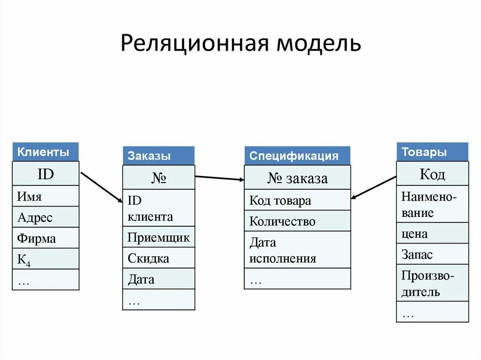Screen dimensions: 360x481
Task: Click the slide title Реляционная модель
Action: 240,43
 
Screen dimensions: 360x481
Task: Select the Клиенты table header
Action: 45,152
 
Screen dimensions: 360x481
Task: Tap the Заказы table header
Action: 158,156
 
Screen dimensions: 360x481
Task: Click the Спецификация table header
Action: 297,156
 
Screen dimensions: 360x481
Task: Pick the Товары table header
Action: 432,152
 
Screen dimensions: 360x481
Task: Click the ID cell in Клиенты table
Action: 46,174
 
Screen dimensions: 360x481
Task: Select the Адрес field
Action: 46,217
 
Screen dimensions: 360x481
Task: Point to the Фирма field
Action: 46,238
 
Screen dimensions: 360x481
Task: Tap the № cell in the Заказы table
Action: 158,178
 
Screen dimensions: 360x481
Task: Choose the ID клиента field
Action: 158,208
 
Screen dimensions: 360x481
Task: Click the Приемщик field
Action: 158,237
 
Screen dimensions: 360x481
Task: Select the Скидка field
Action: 158,258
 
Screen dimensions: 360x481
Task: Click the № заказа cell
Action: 297,178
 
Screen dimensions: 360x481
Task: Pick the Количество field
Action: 297,221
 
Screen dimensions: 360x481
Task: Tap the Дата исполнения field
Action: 297,250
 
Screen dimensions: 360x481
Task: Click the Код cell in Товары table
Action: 432,174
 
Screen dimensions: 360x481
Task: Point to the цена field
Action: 432,233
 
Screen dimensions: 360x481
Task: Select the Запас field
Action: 432,254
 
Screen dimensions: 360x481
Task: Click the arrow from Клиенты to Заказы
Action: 101,187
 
